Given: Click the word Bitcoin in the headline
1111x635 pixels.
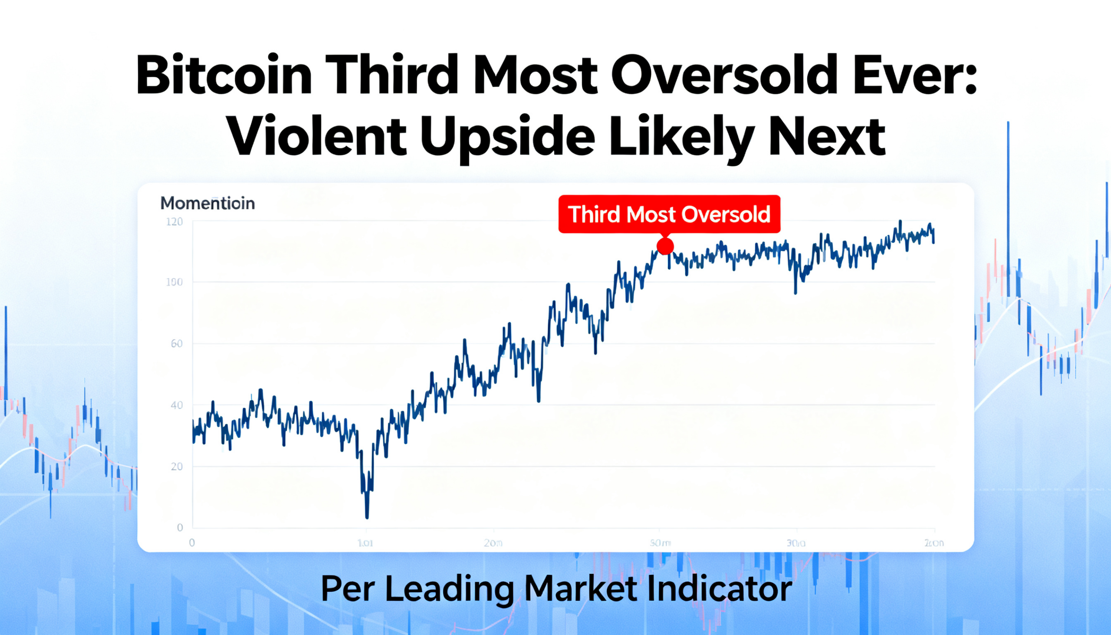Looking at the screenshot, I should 224,75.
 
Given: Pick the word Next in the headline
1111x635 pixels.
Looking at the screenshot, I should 827,136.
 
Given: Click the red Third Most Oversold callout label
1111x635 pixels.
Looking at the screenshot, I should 669,214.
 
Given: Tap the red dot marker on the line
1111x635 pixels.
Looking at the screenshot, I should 665,247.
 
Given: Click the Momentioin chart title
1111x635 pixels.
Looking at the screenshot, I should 207,203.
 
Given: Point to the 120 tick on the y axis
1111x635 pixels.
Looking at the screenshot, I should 174,222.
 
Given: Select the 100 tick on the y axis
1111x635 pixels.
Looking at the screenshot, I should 174,282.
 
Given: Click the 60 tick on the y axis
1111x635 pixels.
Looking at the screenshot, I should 176,344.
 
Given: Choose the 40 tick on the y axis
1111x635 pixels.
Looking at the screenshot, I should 176,405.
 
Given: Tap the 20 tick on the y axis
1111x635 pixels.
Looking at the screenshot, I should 176,467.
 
